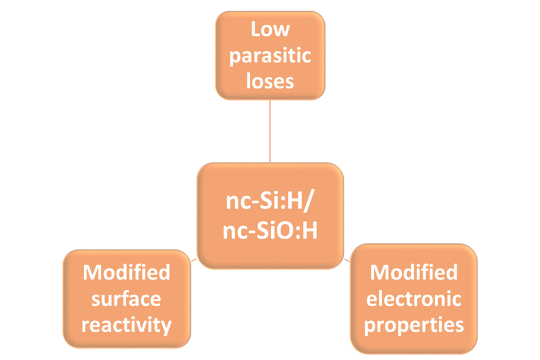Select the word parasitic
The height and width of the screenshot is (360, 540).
(269, 56)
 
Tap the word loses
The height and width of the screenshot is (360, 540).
(269, 81)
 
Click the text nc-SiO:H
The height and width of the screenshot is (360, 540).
(270, 231)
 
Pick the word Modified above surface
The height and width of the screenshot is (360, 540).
(126, 272)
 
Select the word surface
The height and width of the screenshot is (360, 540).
(126, 298)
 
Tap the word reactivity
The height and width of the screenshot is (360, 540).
(126, 324)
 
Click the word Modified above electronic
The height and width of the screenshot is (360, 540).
(413, 272)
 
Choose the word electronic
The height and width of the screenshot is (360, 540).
(413, 299)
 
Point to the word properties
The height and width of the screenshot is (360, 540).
(413, 325)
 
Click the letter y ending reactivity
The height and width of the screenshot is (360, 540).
(167, 326)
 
